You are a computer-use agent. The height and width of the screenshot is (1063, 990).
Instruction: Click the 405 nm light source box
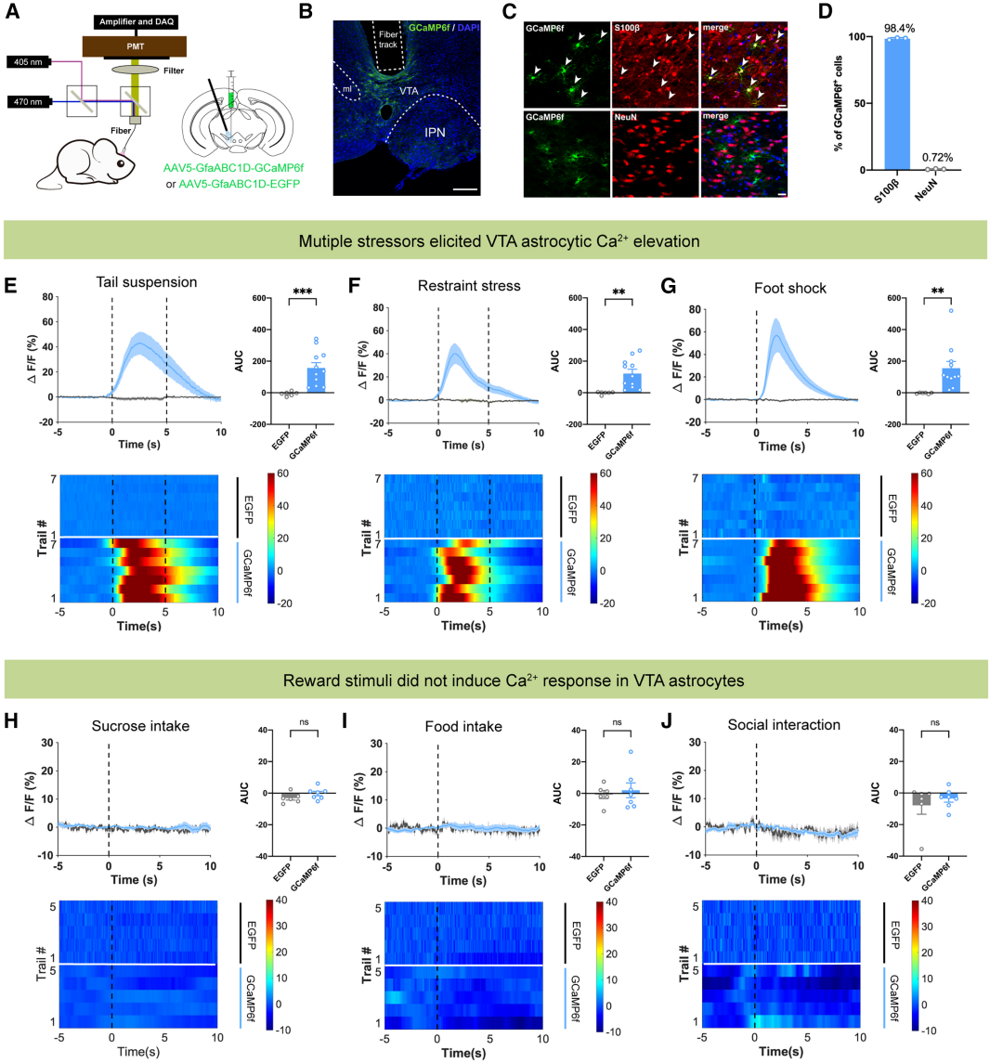pos(30,63)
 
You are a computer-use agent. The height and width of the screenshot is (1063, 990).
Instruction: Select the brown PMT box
pos(136,45)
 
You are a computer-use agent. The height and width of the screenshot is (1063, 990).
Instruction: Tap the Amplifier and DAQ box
pos(136,19)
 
